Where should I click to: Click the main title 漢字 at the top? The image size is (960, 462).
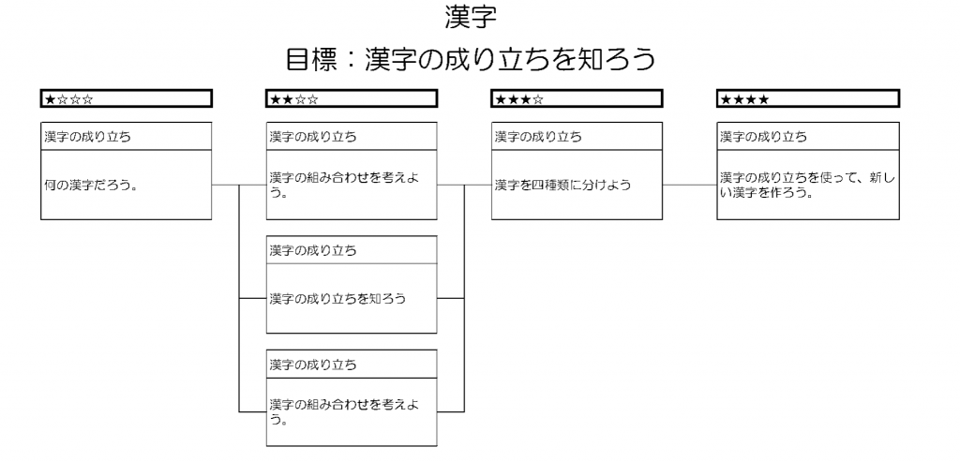coord(471,17)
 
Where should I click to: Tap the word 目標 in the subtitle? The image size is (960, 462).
coord(311,59)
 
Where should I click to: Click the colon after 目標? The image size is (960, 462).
coord(352,60)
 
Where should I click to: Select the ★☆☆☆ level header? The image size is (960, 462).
coord(127,98)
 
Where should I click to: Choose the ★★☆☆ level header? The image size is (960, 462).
coord(352,98)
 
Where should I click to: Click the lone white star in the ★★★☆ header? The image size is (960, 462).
coord(538,99)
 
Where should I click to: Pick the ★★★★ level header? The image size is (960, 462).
coord(808,98)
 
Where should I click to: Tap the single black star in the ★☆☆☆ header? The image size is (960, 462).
coord(50,99)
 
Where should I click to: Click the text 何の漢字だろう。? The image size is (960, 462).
coord(90,185)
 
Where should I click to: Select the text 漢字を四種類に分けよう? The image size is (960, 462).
coord(562,185)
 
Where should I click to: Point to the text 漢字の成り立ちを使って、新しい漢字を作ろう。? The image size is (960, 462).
coord(807,185)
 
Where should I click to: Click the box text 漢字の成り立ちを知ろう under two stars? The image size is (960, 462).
coord(337,299)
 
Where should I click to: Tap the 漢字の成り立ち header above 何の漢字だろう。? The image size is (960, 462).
coord(87,137)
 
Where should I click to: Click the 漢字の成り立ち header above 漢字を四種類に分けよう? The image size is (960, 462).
coord(538,137)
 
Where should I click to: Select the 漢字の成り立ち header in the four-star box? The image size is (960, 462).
coord(763,137)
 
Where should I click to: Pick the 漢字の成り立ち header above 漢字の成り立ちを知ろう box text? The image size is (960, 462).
coord(313,250)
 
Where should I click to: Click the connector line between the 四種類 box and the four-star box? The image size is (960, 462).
coord(689,185)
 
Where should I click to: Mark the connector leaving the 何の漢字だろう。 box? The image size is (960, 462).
coord(225,185)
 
